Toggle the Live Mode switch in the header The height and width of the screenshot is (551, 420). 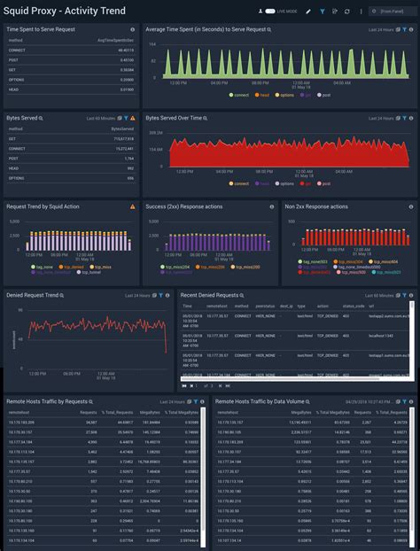(x=269, y=12)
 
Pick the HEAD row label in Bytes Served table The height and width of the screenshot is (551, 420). (x=14, y=167)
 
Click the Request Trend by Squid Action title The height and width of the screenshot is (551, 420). (x=43, y=206)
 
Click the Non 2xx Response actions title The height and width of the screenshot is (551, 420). (x=316, y=206)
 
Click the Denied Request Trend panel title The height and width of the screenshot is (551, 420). (x=33, y=295)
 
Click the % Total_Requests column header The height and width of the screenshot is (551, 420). (x=117, y=413)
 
